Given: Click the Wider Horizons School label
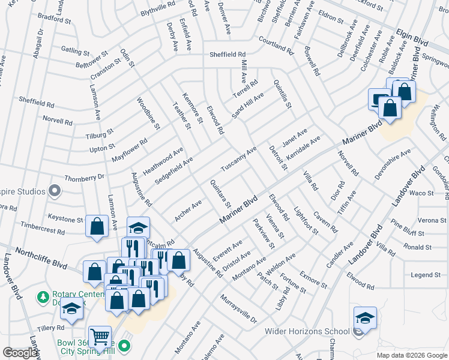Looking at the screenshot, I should (x=308, y=331).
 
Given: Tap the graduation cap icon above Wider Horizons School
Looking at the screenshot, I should (x=365, y=317).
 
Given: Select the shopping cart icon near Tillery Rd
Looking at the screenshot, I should (x=100, y=337).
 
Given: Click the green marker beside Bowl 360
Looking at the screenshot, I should (x=124, y=346).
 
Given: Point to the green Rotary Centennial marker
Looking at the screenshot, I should (x=43, y=296).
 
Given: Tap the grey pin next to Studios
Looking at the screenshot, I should (x=55, y=191).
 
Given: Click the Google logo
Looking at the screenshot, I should (x=20, y=353).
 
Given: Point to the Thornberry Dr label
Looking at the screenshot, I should (x=84, y=178).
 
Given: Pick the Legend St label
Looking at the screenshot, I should (x=426, y=275).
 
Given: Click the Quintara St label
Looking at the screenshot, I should (x=220, y=193).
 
